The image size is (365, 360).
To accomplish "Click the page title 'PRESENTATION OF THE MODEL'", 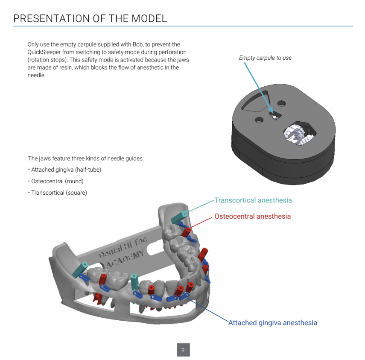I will [90, 18].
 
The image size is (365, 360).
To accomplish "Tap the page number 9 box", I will [183, 350].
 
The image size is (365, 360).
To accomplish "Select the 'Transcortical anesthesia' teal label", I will [253, 200].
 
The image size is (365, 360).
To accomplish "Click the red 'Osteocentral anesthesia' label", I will [252, 217].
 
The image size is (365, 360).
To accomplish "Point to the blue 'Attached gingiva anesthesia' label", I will [272, 323].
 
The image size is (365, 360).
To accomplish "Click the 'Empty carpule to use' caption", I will [265, 58].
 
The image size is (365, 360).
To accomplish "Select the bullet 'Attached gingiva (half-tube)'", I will [66, 170].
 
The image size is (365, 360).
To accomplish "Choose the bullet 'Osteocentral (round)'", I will [57, 181].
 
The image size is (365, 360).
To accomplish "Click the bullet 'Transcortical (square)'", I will [59, 193].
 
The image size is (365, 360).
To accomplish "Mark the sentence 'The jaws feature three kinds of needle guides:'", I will [85, 158].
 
